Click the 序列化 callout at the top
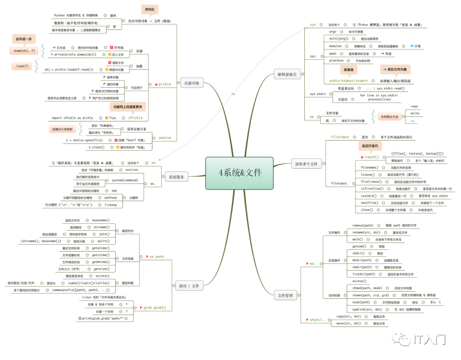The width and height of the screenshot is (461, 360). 149,10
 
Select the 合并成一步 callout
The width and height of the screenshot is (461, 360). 23,39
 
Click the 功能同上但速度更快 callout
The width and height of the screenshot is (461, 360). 128,106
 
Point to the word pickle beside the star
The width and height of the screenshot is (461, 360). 164,84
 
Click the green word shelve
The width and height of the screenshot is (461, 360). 165,138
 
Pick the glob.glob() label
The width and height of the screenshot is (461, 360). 155,307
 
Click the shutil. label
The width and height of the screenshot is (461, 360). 317,319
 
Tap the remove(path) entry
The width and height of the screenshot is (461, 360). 363,225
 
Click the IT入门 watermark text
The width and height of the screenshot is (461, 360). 430,340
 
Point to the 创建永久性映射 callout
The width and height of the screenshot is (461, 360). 62,129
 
